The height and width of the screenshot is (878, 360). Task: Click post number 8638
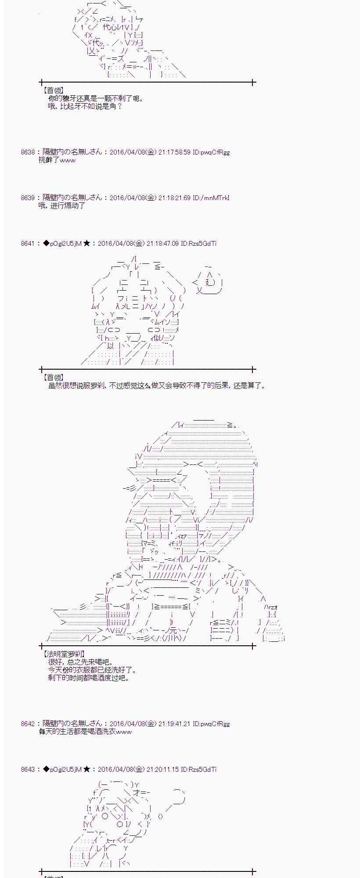point(27,152)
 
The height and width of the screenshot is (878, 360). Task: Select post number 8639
point(27,198)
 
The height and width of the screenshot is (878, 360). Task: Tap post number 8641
point(27,244)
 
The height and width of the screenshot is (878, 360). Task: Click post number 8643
point(27,770)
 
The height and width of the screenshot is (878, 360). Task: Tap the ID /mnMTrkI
point(216,198)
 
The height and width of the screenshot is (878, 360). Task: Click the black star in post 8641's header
point(86,244)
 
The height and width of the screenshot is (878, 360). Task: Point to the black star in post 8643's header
point(86,770)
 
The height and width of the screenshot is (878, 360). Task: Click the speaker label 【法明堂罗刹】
point(63,654)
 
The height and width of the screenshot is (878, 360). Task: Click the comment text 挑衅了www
point(57,160)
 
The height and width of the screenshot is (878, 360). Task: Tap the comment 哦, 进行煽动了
point(62,206)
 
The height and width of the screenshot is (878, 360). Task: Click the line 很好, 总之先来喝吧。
point(80,662)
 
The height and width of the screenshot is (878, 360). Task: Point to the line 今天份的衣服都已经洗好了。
point(93,670)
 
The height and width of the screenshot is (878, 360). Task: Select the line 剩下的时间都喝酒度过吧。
point(89,678)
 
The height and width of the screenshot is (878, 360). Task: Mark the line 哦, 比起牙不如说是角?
point(85,106)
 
